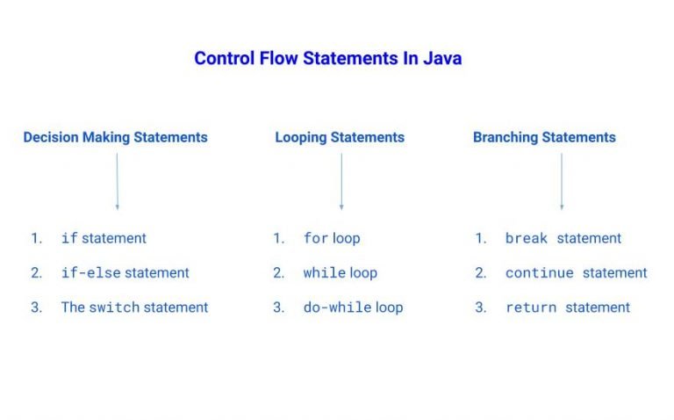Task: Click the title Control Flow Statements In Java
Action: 327,59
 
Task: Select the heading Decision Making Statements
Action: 115,137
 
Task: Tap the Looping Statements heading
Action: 340,137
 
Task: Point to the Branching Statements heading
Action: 544,137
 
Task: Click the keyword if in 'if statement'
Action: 69,238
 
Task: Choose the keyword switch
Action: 111,308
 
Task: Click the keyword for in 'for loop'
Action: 316,238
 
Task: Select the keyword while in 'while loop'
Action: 325,273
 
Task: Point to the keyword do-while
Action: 338,308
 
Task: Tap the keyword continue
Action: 540,273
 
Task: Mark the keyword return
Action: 531,308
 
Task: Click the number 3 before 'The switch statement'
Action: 36,308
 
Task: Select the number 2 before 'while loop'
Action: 278,273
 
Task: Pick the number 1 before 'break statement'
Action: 480,238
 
